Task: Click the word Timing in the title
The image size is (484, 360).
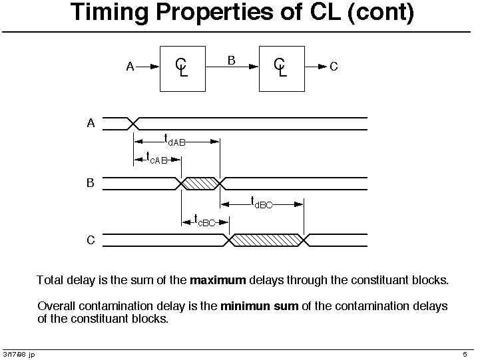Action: tap(109, 13)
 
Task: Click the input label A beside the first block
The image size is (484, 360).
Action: tap(130, 67)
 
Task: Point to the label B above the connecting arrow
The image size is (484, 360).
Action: tap(231, 60)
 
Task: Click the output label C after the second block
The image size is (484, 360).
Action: tap(334, 67)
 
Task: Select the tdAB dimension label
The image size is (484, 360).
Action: tap(174, 140)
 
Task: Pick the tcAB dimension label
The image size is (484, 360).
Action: tap(157, 158)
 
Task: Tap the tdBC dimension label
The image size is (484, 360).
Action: tap(262, 203)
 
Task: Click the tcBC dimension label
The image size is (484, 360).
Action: tap(204, 220)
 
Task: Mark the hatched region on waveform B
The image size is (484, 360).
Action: tap(200, 184)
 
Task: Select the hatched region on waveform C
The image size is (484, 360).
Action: tap(266, 240)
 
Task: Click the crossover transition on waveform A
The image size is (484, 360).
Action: tap(133, 124)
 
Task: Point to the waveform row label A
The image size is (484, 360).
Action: tap(91, 123)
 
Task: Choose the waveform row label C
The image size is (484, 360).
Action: tap(91, 240)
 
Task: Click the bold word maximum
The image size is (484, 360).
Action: tap(218, 280)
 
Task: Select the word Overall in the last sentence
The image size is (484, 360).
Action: tap(56, 306)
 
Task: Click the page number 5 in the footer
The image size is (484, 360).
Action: tap(465, 355)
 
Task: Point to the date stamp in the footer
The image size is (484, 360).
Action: tap(19, 355)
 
